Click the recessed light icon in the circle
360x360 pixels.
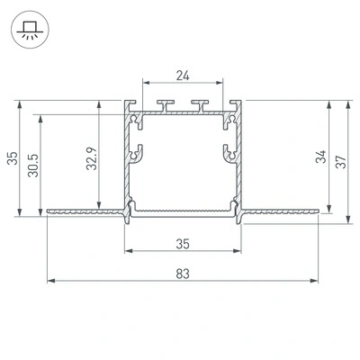click(30, 31)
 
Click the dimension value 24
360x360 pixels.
click(183, 76)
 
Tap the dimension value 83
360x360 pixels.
click(183, 274)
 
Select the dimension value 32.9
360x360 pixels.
click(92, 158)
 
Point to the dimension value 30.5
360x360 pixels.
click(33, 166)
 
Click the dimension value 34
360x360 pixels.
click(321, 157)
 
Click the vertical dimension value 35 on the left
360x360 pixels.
click(13, 158)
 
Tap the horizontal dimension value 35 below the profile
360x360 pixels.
click(183, 244)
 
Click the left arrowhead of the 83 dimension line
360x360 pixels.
click(51, 281)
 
